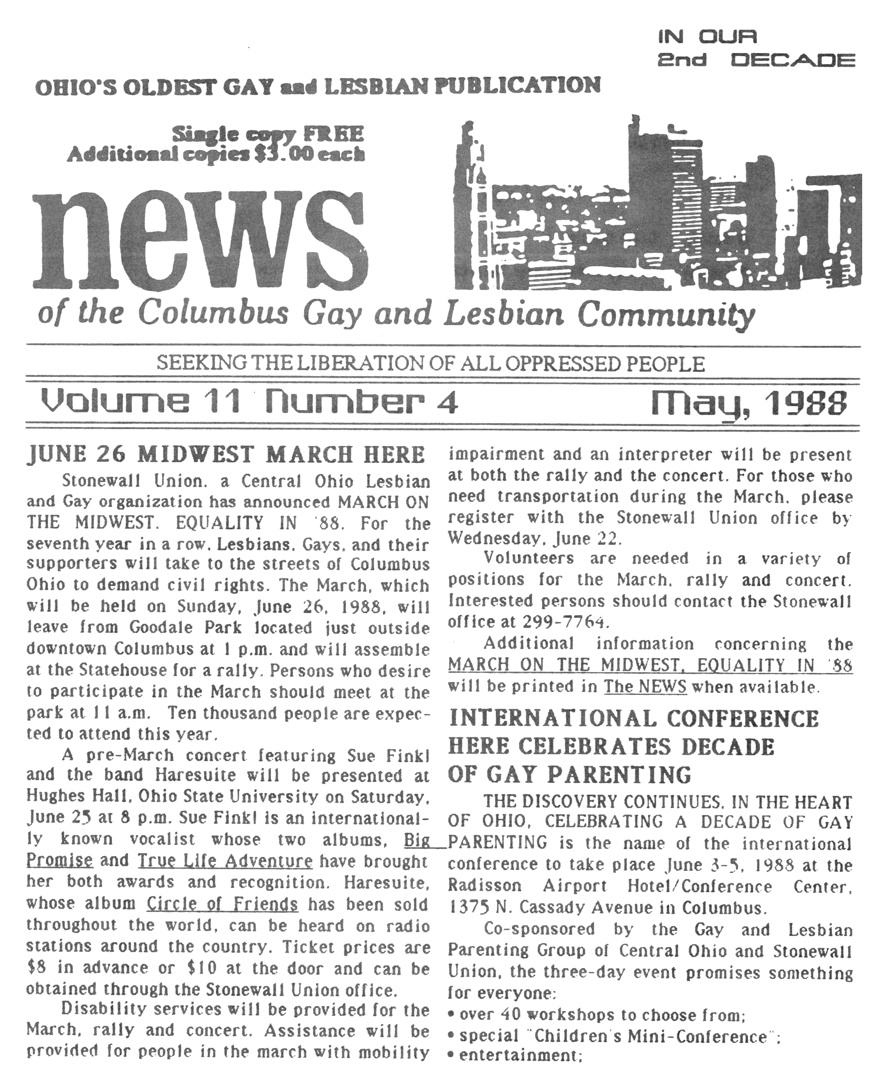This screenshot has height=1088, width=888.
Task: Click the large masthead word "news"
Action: tap(199, 240)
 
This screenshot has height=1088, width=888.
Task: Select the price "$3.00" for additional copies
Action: tap(283, 154)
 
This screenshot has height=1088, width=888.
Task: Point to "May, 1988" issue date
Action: tap(749, 403)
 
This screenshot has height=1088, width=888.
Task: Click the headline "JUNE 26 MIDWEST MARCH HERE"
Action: tap(226, 455)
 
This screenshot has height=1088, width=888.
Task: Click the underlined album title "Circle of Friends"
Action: tap(222, 904)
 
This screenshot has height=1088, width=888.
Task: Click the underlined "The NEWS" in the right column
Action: tap(645, 686)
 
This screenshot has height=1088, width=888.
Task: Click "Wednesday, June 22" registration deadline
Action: tap(535, 538)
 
